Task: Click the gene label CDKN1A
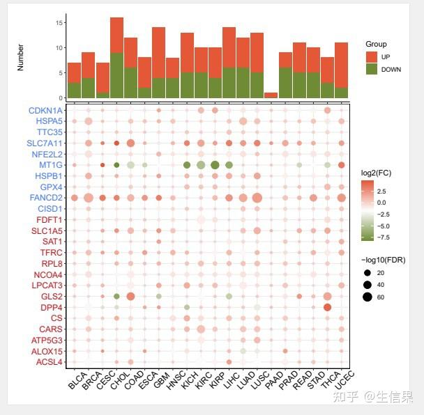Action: coord(45,110)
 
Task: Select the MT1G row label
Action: coord(51,165)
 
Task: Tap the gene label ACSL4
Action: coord(50,361)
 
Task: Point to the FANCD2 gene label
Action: coord(46,198)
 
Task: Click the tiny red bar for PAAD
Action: coord(271,95)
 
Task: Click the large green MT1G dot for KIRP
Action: coord(215,165)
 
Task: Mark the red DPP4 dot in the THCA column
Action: coord(327,307)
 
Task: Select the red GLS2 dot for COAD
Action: coord(130,296)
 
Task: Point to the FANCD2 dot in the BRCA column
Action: coord(88,198)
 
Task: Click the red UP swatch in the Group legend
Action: coord(371,56)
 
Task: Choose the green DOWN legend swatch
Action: coord(371,69)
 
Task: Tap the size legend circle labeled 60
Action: coord(367,297)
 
